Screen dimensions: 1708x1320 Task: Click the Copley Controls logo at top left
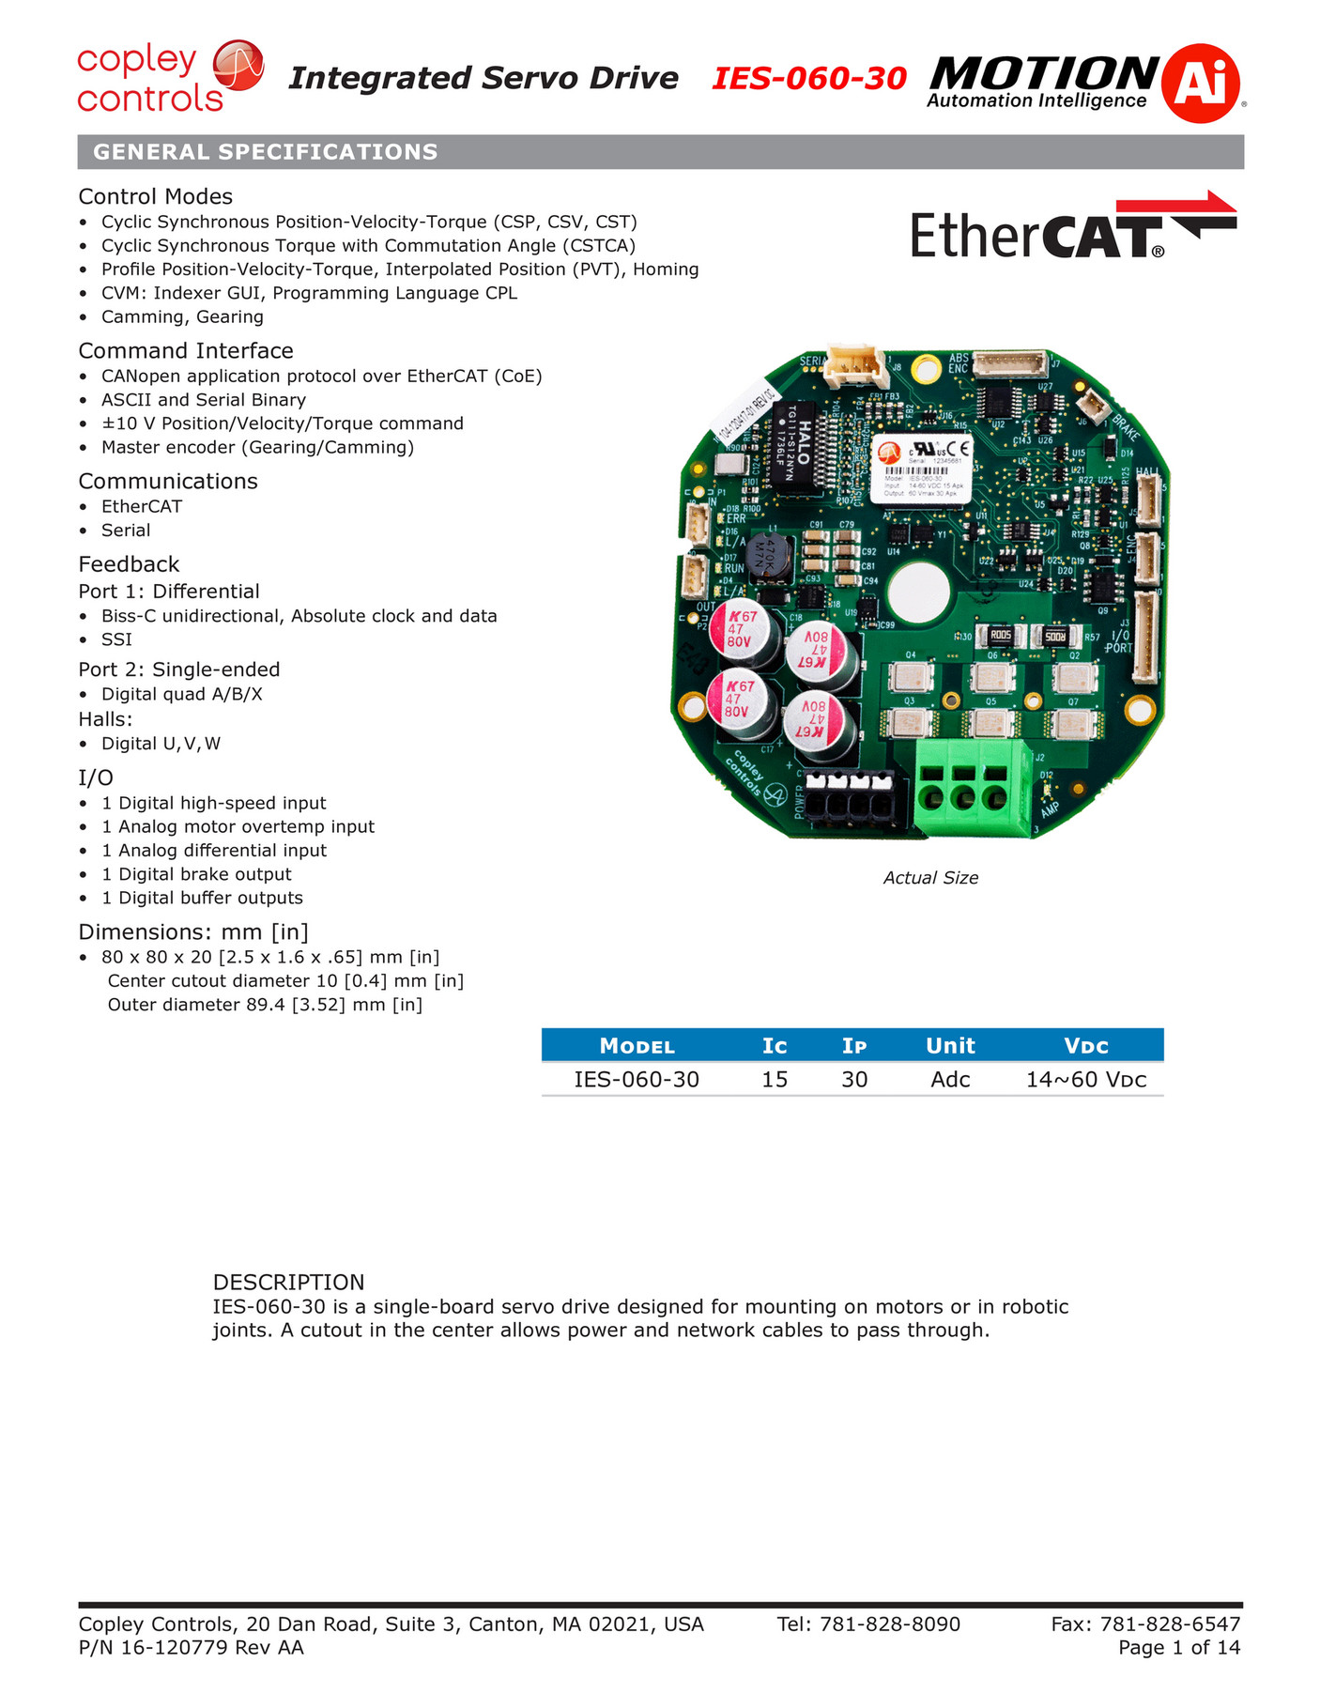(169, 78)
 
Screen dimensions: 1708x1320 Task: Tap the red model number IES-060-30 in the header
(808, 79)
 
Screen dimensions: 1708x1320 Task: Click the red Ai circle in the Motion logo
(1201, 83)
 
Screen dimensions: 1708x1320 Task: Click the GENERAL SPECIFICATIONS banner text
(266, 152)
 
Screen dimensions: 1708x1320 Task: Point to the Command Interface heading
(186, 351)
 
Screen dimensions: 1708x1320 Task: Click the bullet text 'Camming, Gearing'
(182, 317)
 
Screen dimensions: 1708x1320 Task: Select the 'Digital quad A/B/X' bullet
(182, 695)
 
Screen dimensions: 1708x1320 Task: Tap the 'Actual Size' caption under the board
(930, 878)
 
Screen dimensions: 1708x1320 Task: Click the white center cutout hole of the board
(918, 592)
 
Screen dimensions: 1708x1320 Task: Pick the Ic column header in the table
(775, 1046)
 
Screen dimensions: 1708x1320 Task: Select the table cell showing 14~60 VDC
(1086, 1080)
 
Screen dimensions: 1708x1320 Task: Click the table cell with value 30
(854, 1080)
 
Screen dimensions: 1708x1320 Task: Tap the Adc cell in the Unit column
(950, 1080)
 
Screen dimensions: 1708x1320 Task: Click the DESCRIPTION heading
(288, 1283)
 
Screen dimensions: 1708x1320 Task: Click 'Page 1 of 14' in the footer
(1179, 1648)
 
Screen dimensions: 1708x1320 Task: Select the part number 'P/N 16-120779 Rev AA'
(192, 1648)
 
